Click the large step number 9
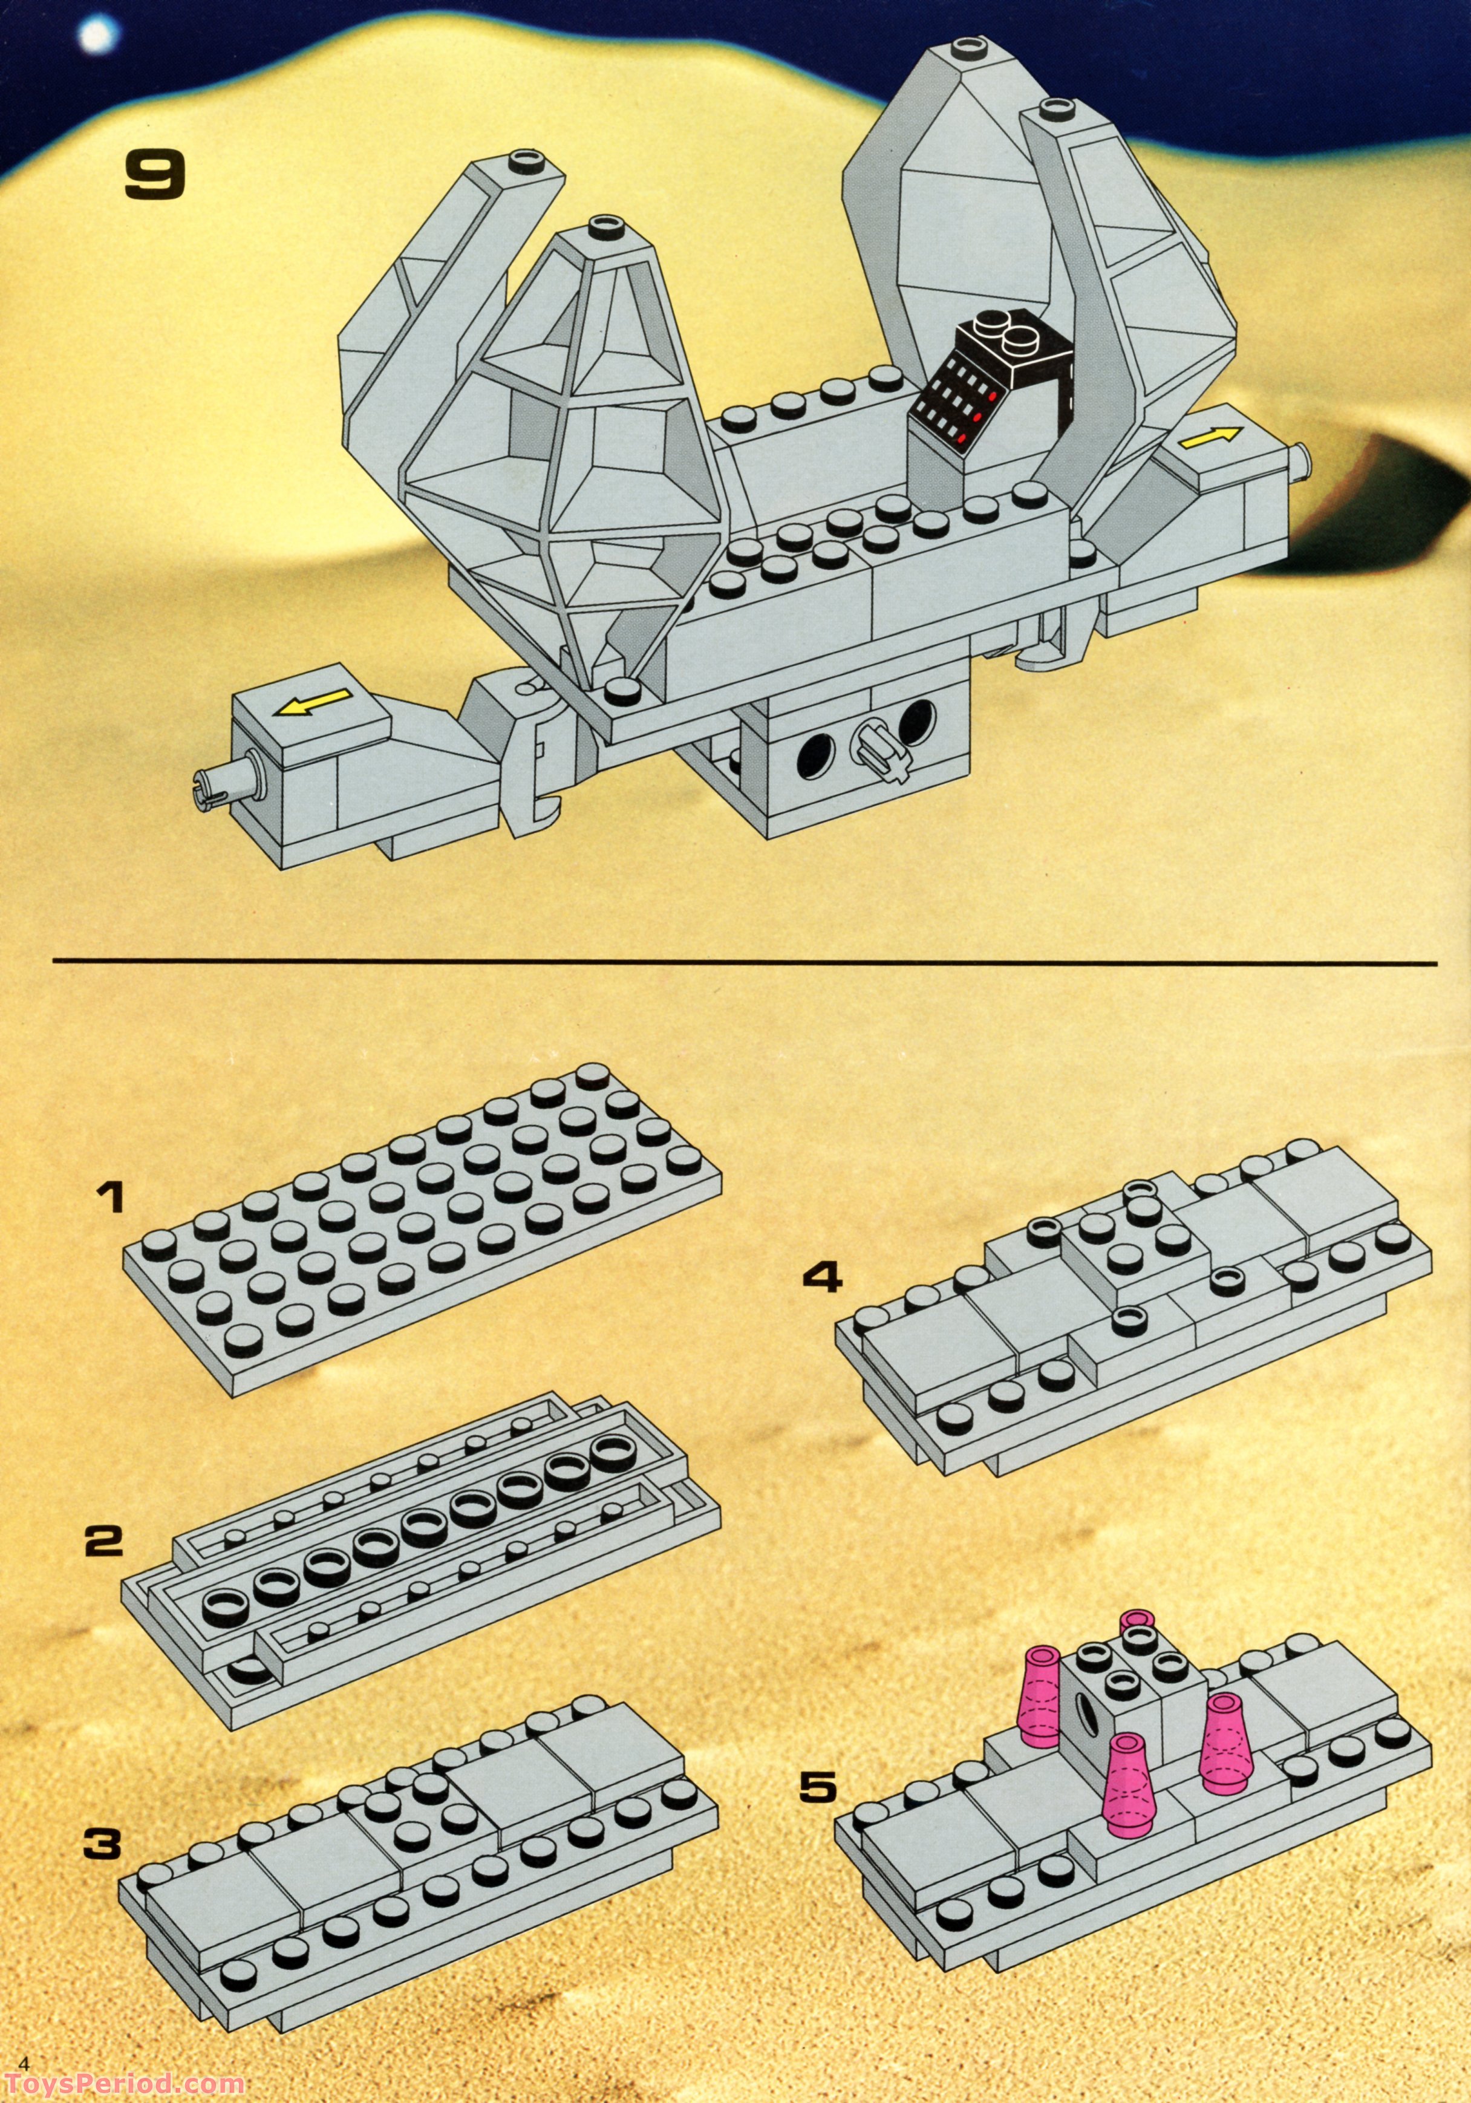tap(155, 176)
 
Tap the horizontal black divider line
tap(744, 963)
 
